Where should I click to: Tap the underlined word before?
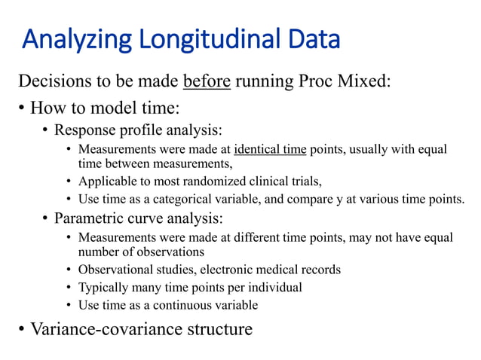coord(207,81)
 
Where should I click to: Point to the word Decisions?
coord(52,81)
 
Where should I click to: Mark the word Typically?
coord(103,287)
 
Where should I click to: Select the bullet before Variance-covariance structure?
coord(21,330)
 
